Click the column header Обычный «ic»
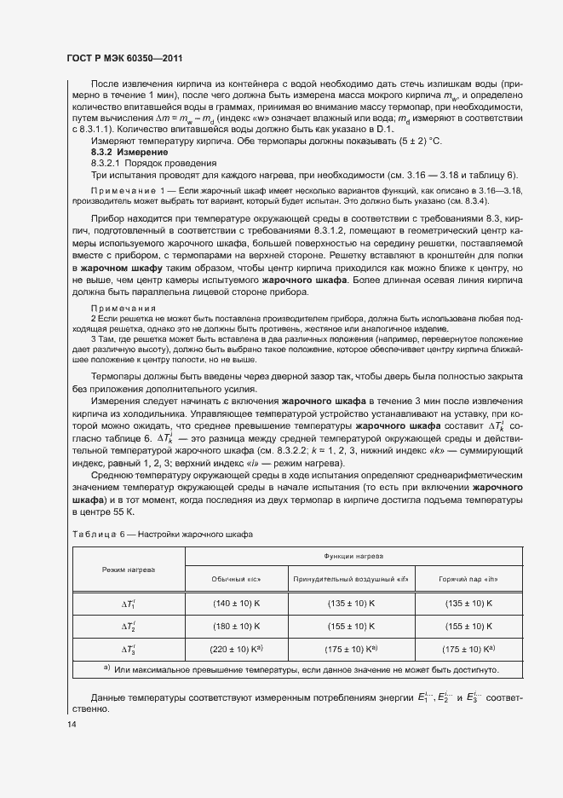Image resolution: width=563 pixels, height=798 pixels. [x=236, y=580]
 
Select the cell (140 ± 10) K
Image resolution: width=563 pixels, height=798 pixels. [x=236, y=603]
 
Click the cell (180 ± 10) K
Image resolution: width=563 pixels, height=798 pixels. [x=236, y=626]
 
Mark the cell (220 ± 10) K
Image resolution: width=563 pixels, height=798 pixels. [x=236, y=649]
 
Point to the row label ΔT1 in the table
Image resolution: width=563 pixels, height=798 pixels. [x=129, y=603]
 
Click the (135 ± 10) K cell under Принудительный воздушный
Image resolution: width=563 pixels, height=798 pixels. [x=351, y=603]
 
